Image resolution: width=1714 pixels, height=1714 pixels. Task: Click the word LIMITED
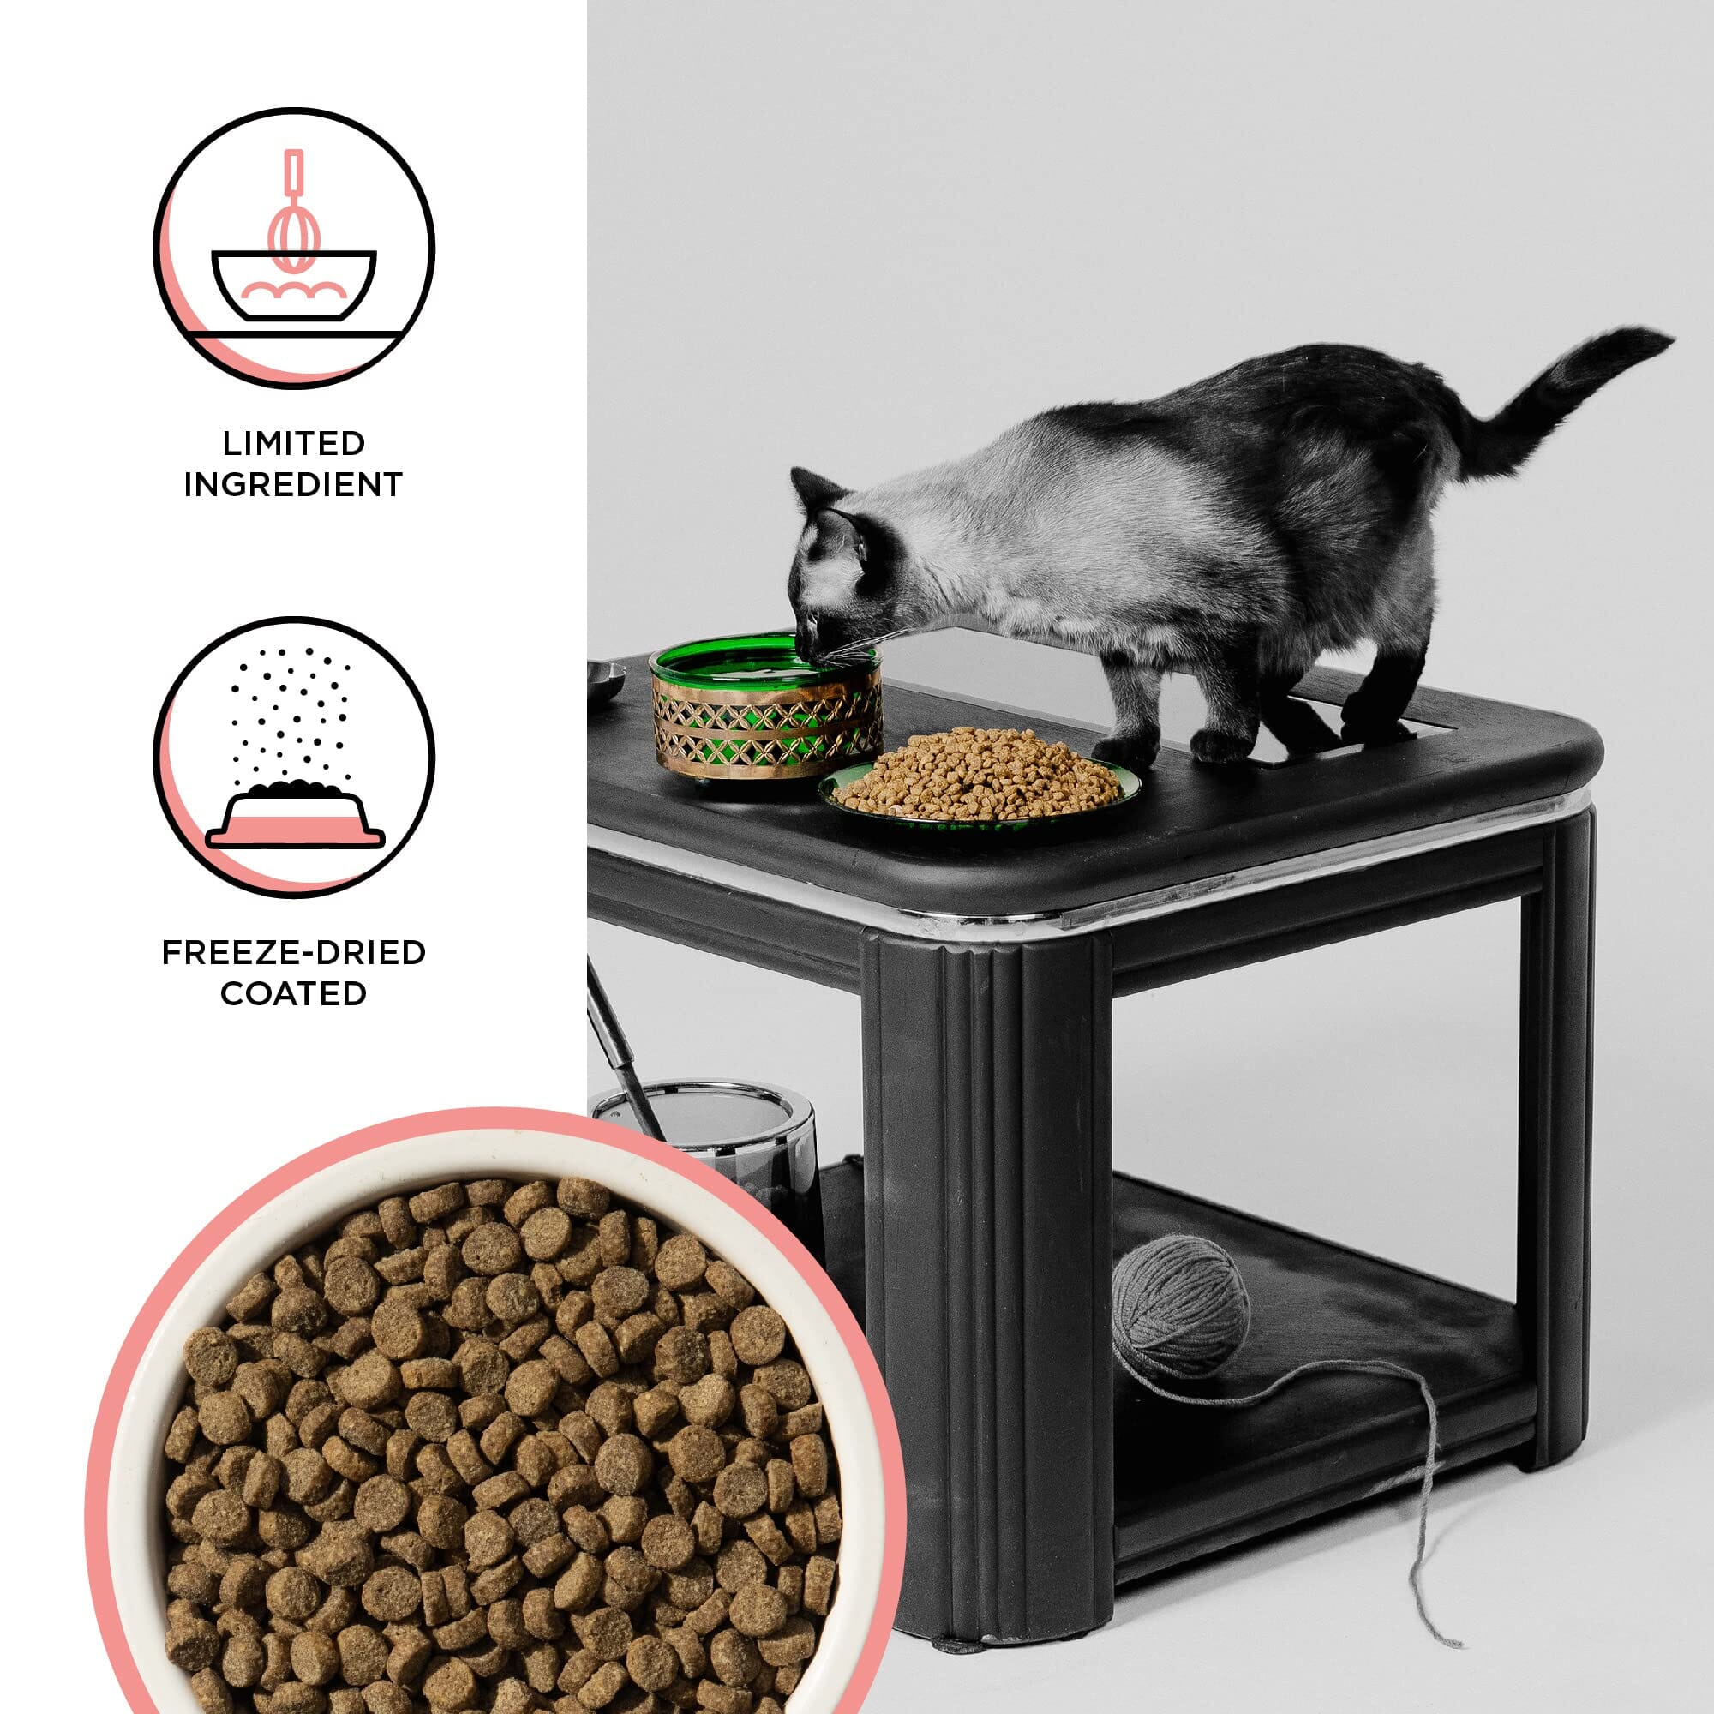click(294, 443)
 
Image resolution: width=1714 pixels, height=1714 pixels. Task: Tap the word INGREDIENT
click(294, 484)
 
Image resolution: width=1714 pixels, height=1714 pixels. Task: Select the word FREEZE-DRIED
click(294, 952)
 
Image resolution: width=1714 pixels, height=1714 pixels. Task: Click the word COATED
click(294, 992)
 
